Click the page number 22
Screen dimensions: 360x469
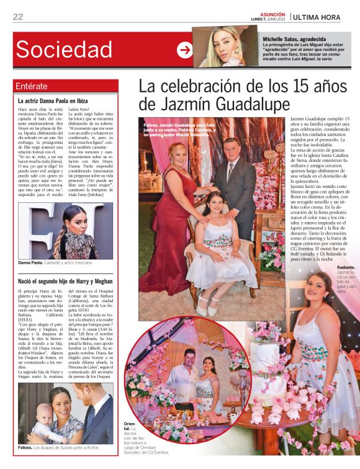tap(18, 17)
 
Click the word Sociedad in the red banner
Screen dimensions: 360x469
tap(64, 49)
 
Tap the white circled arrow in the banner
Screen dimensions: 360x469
tap(184, 50)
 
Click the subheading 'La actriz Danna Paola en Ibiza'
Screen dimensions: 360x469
tap(52, 100)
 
